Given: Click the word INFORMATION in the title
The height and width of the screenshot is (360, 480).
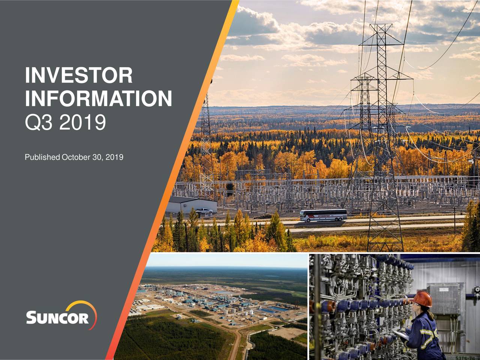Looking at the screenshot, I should (98, 98).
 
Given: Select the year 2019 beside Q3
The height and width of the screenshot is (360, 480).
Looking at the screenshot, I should (82, 122).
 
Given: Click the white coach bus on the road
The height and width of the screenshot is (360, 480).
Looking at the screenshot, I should (323, 215).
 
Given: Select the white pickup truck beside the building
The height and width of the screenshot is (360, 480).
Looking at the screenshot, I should (203, 212).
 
